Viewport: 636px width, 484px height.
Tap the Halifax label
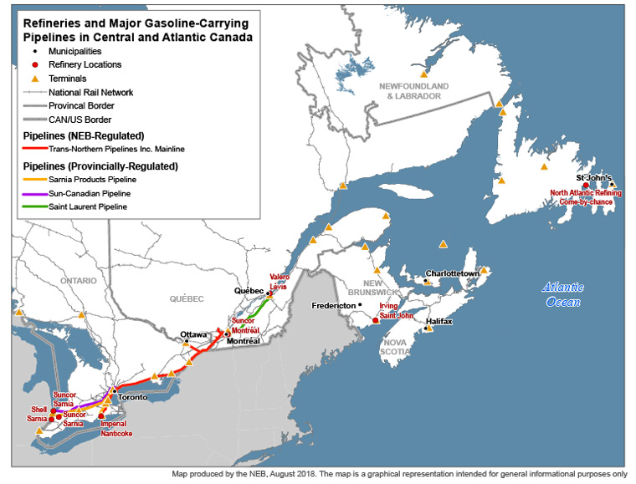(439, 321)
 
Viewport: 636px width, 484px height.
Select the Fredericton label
(333, 305)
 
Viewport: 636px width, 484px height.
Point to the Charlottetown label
(452, 273)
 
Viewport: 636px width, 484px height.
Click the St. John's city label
(594, 179)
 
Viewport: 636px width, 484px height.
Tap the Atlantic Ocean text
(563, 294)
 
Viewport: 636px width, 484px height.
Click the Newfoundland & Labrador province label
(413, 91)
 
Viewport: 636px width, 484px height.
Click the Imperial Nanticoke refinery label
(117, 428)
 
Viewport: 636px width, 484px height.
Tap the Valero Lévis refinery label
(280, 281)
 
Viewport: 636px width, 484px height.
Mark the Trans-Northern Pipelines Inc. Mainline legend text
(116, 149)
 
